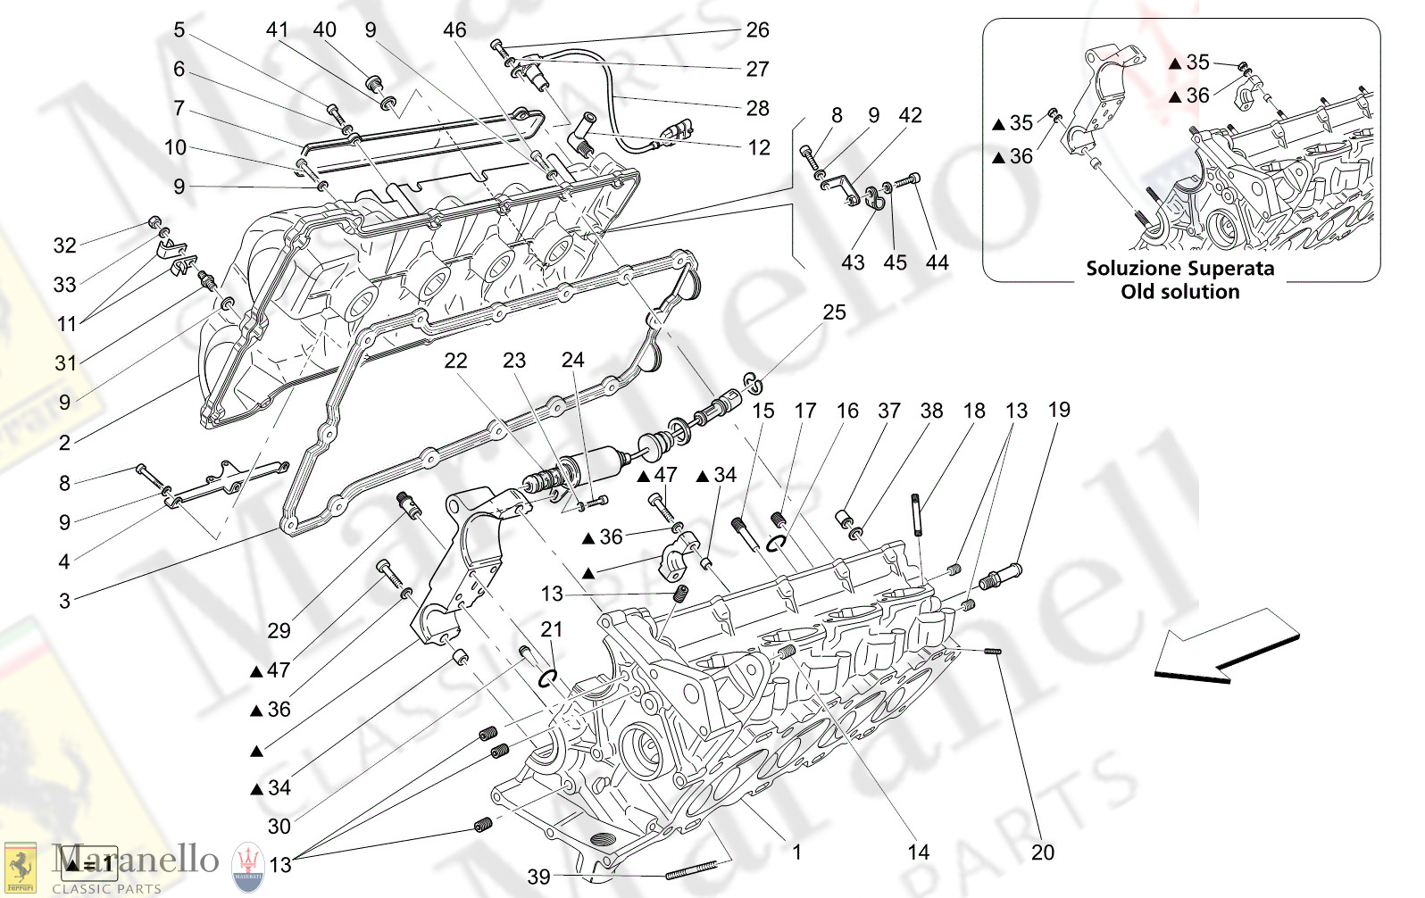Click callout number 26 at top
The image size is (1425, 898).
click(x=757, y=30)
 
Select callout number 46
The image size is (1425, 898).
click(x=454, y=30)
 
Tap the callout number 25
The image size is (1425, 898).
click(x=834, y=312)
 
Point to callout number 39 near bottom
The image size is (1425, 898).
click(x=538, y=877)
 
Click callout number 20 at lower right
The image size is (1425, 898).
click(x=1042, y=852)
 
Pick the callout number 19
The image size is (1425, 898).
click(x=1058, y=410)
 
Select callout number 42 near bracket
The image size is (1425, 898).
click(x=910, y=115)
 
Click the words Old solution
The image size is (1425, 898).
click(x=1180, y=292)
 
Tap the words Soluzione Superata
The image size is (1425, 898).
click(x=1179, y=269)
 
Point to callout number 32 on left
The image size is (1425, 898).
click(x=64, y=245)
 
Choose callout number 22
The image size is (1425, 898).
click(x=455, y=361)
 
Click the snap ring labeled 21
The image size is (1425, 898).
click(x=548, y=679)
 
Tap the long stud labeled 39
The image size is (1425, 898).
click(x=692, y=870)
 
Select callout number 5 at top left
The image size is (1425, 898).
click(x=179, y=30)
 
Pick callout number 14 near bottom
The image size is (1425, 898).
click(x=918, y=852)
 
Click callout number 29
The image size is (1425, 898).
click(x=279, y=631)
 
